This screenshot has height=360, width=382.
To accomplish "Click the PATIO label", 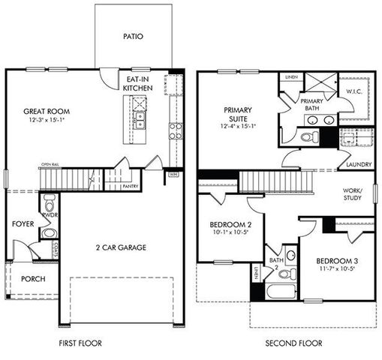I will click(133, 35).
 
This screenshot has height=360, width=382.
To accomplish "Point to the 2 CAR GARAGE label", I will click(121, 247).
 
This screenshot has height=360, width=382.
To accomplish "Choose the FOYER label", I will click(23, 224).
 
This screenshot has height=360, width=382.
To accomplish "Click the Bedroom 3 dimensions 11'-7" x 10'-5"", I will click(331, 268).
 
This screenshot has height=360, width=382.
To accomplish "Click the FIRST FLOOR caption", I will click(80, 343).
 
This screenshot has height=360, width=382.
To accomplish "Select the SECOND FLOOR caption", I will click(293, 343).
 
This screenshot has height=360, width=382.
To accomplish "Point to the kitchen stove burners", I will click(174, 131).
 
